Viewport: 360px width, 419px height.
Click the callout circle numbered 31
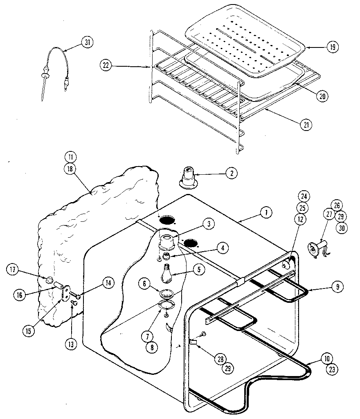(x=87, y=43)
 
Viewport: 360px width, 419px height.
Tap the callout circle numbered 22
(x=106, y=65)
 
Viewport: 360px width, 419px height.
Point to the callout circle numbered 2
(x=231, y=173)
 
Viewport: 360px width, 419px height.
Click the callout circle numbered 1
(x=266, y=212)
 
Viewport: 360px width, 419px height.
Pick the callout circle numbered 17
(x=12, y=270)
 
